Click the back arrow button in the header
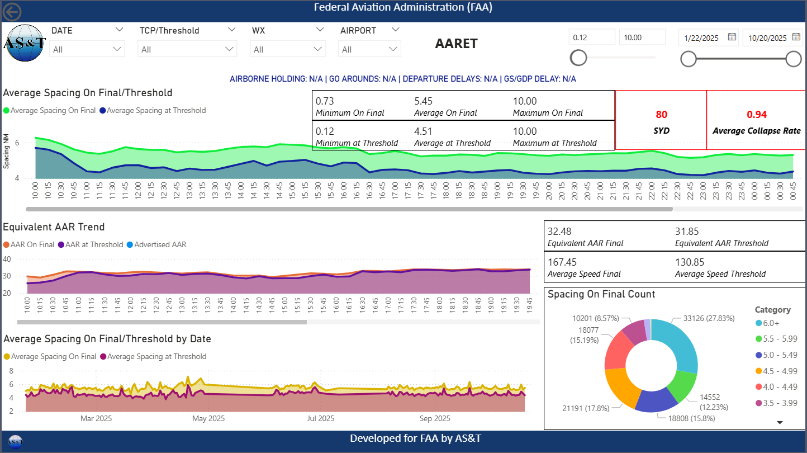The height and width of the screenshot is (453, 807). [x=12, y=12]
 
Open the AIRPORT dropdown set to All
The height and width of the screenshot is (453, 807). [x=369, y=49]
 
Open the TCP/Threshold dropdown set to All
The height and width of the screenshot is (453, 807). [x=187, y=49]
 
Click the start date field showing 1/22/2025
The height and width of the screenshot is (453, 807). [x=702, y=37]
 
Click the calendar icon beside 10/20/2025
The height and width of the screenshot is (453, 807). [x=796, y=37]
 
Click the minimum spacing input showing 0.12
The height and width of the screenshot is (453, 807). [x=591, y=37]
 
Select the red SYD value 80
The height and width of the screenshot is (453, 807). [x=661, y=115]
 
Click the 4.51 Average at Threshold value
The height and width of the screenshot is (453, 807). [x=423, y=131]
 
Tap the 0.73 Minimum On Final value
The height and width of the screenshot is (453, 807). [x=325, y=101]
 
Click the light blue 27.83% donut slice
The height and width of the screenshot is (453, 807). [x=677, y=343]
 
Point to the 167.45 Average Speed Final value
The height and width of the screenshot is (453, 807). [x=563, y=262]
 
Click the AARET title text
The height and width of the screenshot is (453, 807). [x=456, y=44]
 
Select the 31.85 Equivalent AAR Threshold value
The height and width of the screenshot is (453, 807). [x=687, y=232]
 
